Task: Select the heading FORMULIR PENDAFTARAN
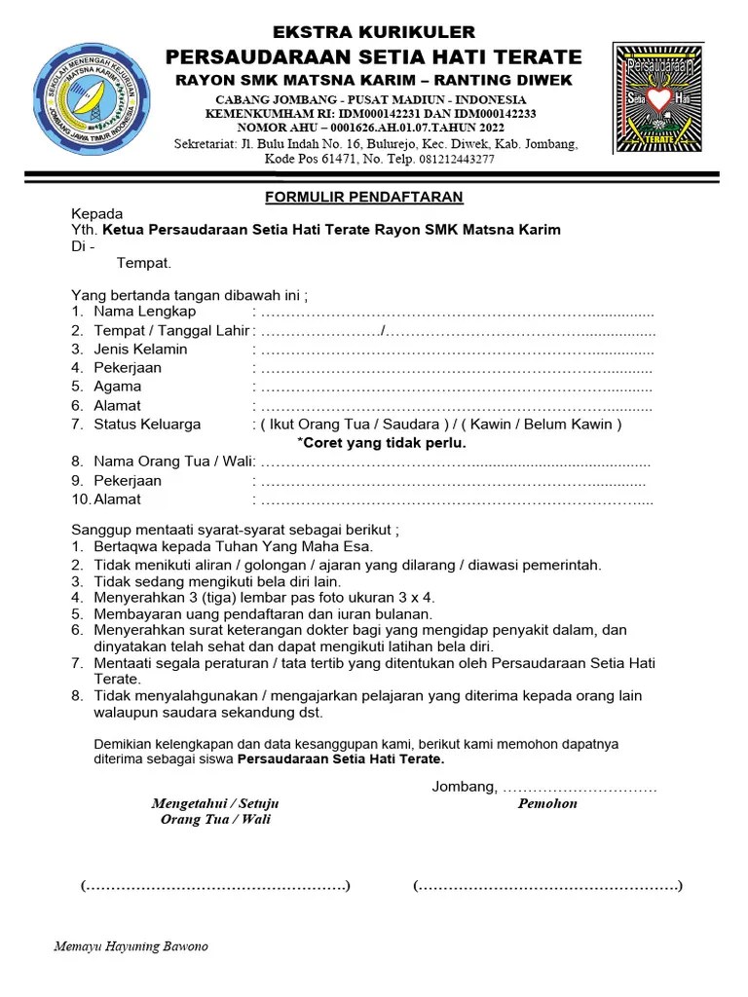[x=364, y=198]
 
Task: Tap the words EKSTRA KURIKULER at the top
[x=374, y=33]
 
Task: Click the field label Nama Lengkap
[x=144, y=312]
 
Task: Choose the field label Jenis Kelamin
[x=140, y=349]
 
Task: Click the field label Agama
[x=117, y=387]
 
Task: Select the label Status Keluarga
[x=147, y=425]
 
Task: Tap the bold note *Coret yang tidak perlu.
[x=382, y=443]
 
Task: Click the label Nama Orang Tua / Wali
[x=173, y=462]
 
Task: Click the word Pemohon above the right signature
[x=547, y=803]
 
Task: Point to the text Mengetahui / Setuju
[x=215, y=803]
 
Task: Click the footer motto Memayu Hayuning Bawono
[x=131, y=946]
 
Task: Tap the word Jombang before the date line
[x=464, y=787]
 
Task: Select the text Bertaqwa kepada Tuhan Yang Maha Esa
[x=233, y=547]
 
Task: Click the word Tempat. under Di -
[x=144, y=263]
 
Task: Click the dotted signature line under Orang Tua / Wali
[x=215, y=886]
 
